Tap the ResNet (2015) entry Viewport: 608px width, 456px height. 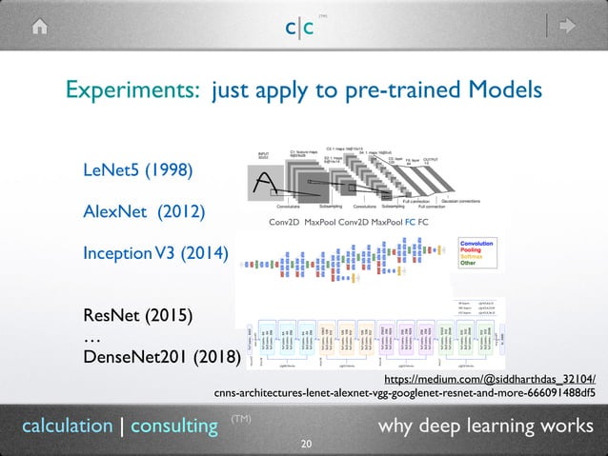tap(138, 314)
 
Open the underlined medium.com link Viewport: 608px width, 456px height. tap(488, 376)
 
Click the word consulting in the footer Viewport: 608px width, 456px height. tap(173, 426)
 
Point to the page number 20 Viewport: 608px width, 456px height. tap(305, 445)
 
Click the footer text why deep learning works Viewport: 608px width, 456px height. tap(485, 425)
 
